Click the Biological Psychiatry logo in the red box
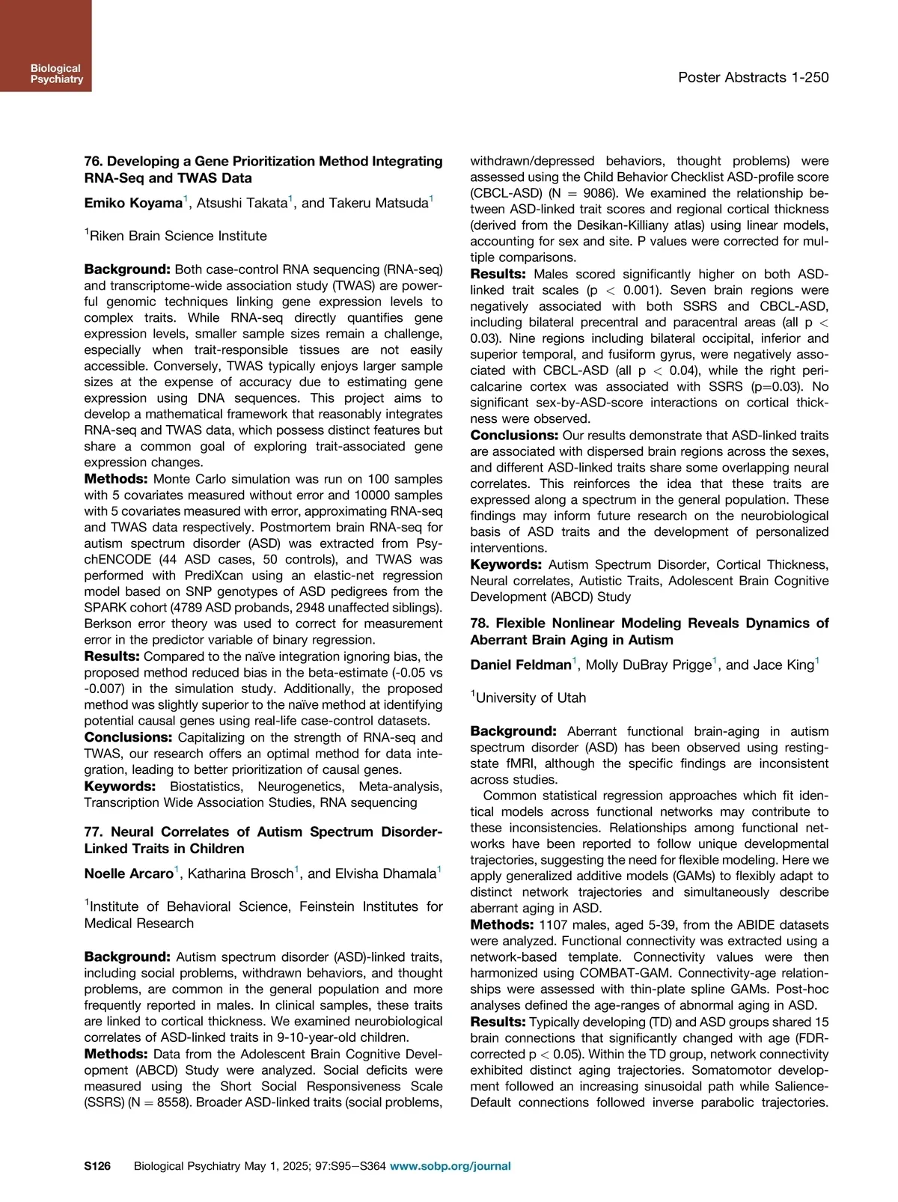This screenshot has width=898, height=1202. pos(56,74)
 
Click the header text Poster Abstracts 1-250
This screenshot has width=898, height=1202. pos(753,77)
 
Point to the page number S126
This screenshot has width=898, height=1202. pos(97,1165)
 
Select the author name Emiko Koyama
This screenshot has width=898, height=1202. pos(133,203)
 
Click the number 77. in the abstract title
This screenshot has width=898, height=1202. pos(94,832)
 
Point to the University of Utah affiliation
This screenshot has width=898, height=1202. pos(531,698)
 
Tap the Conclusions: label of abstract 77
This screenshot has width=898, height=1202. pos(514,436)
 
